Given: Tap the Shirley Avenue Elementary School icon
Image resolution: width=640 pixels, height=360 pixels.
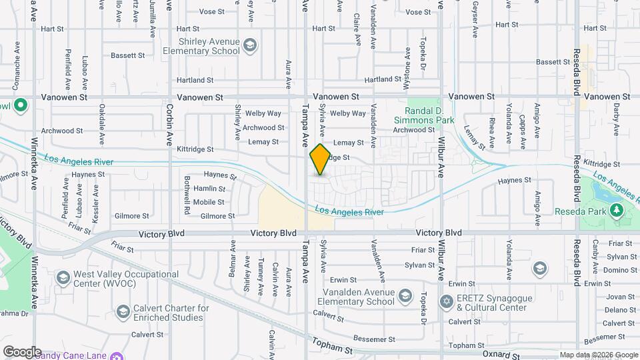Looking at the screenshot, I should click(250, 46).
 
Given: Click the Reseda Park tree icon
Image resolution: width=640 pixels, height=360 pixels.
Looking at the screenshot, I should click(617, 211).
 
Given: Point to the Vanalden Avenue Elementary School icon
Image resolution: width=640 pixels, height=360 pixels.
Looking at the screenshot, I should click(405, 295).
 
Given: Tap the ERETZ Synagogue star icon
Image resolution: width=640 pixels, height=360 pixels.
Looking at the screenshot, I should click(447, 302).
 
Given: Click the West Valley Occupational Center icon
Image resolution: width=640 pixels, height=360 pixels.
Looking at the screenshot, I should click(63, 277).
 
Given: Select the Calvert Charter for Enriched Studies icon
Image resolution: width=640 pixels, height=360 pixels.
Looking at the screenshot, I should click(123, 312).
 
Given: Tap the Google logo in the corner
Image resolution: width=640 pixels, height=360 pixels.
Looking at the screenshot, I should click(21, 352).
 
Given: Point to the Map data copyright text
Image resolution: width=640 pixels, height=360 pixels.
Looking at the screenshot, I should click(598, 355).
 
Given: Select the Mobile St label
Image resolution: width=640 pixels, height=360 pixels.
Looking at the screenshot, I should click(209, 202).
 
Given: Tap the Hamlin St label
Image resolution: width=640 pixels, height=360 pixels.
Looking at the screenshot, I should click(209, 189).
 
